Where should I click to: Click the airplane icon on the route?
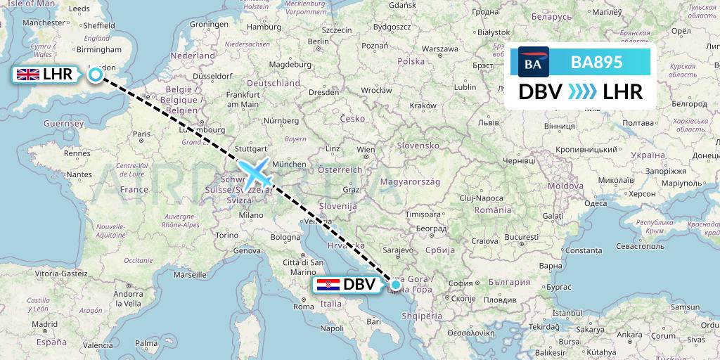click(255, 173)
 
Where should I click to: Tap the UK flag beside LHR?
click(27, 75)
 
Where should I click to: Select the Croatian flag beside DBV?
click(328, 285)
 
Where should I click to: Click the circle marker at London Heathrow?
click(96, 74)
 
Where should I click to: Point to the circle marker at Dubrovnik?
click(397, 285)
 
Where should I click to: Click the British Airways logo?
click(533, 63)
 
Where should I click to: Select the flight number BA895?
click(596, 62)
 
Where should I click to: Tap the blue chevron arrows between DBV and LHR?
click(581, 91)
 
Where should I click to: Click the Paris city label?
click(143, 134)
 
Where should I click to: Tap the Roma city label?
click(303, 307)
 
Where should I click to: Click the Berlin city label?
click(318, 41)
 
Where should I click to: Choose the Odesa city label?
click(596, 203)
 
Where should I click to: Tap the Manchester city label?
click(44, 22)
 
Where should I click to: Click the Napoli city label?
click(331, 328)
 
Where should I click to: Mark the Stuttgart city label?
click(252, 148)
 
